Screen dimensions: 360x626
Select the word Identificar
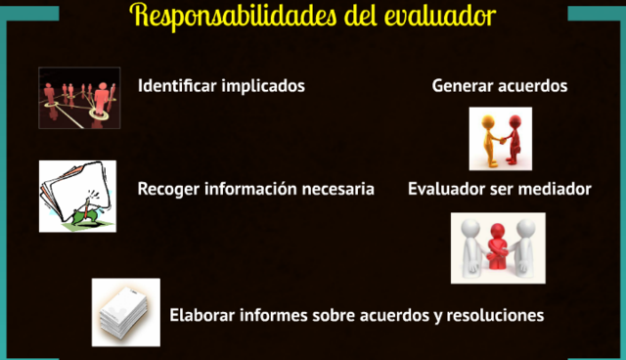178,86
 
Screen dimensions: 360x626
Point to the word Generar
462,86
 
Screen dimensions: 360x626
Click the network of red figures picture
79,98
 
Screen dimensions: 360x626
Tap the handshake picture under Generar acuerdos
501,139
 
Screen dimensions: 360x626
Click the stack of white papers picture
125,312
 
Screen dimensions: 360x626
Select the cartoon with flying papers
77,196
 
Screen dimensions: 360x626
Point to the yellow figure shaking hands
488,139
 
